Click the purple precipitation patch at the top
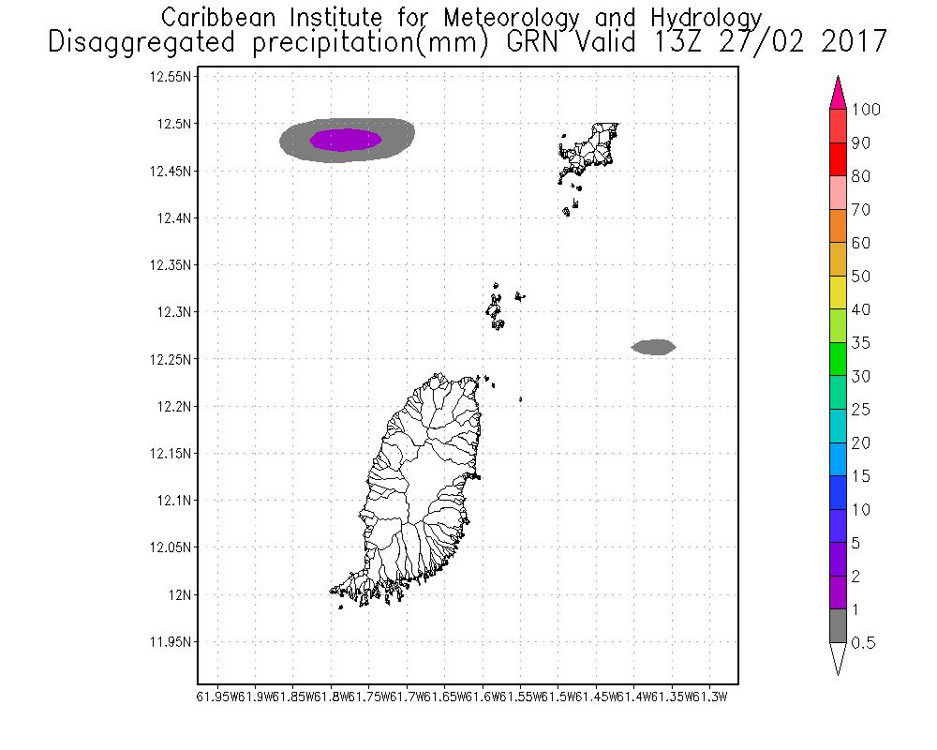pyautogui.click(x=345, y=140)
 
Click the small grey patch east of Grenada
pyautogui.click(x=653, y=347)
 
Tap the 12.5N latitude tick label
pyautogui.click(x=174, y=124)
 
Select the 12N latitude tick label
pyautogui.click(x=179, y=594)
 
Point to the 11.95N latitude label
pyautogui.click(x=171, y=642)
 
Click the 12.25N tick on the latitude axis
pyautogui.click(x=171, y=359)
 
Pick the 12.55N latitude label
pyautogui.click(x=171, y=77)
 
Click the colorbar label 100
pyautogui.click(x=867, y=110)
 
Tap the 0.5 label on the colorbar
pyautogui.click(x=863, y=642)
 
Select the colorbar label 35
pyautogui.click(x=861, y=343)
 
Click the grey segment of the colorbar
pyautogui.click(x=838, y=626)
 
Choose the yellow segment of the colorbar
pyautogui.click(x=838, y=292)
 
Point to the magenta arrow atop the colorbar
pyautogui.click(x=838, y=93)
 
